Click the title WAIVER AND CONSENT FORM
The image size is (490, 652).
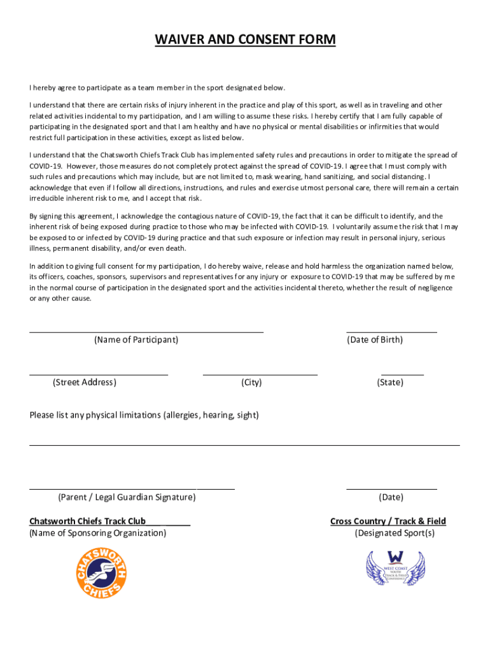coord(245,40)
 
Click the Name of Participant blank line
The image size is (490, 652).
coord(146,331)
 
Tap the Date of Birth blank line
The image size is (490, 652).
coord(391,331)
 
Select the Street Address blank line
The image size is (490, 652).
coord(99,374)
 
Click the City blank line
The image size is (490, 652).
coord(260,374)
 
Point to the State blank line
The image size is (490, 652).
coord(402,374)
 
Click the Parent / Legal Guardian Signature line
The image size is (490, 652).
coord(132,488)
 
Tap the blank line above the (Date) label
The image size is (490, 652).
coord(391,488)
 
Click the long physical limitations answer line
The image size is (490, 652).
coord(244,444)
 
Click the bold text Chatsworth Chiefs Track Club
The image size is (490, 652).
coord(88,521)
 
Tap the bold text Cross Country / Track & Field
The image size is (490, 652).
coord(388,521)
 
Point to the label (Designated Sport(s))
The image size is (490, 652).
coord(395,533)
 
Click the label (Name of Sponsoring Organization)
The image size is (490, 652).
coord(98,533)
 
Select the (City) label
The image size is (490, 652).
coord(251,383)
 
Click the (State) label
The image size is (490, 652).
coord(390,383)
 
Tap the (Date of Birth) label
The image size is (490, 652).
coord(375,340)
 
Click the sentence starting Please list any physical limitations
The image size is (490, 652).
coord(144,415)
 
